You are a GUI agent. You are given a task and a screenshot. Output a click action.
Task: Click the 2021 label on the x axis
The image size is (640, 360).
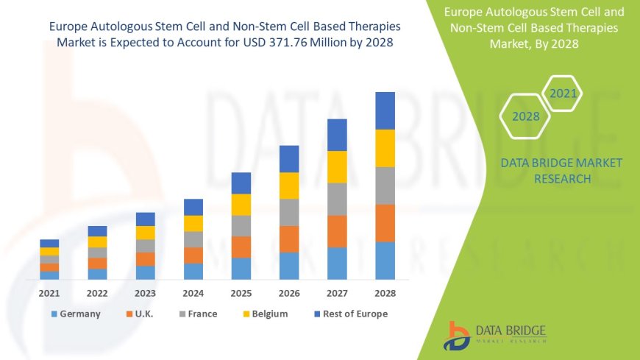tap(49, 293)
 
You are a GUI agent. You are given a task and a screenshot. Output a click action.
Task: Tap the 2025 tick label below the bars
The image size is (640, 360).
tap(241, 293)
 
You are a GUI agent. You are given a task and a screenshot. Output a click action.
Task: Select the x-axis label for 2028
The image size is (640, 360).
tap(385, 293)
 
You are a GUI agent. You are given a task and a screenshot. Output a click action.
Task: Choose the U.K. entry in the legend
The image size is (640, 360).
tap(144, 314)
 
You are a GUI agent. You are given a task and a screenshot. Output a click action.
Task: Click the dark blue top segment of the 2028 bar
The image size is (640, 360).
tap(385, 110)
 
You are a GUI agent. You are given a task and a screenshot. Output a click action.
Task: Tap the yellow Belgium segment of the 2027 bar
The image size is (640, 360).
tap(337, 166)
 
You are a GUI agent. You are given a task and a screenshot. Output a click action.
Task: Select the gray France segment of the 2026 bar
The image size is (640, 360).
tap(289, 212)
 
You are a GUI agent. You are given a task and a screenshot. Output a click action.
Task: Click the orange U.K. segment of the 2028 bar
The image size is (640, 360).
tap(385, 223)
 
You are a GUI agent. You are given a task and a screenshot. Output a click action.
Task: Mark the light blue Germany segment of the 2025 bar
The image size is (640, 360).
tap(241, 268)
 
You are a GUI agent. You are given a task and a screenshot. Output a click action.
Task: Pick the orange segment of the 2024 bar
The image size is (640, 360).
tap(193, 255)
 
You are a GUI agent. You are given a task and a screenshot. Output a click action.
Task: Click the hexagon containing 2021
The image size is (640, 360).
tap(562, 93)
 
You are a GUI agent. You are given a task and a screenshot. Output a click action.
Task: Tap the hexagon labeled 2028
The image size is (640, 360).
tap(526, 116)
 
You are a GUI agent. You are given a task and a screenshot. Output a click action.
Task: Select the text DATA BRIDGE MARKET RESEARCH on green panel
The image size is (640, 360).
tap(550, 170)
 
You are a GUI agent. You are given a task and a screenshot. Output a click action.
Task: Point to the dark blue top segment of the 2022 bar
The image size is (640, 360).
tap(97, 231)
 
